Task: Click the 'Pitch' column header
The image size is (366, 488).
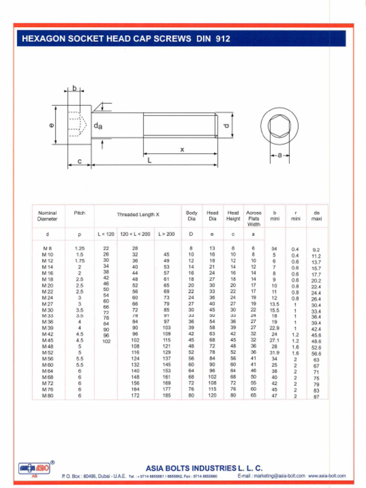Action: coord(80,213)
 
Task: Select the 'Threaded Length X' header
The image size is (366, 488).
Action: coord(138,215)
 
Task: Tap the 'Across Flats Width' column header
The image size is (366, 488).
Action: coord(254,218)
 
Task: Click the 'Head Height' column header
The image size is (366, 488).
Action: coord(233,216)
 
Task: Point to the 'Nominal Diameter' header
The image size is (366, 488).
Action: coord(47,216)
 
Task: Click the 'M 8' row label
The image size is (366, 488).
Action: coord(47,248)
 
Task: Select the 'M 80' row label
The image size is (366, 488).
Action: coord(47,395)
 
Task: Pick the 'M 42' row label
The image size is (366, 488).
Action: coord(47,334)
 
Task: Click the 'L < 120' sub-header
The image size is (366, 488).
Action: coord(106,234)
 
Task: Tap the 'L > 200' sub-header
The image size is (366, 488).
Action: coord(166,234)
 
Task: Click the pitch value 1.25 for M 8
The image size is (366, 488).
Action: coord(80,248)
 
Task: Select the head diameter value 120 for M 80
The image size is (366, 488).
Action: coord(212,395)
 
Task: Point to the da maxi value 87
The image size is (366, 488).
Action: coord(316,396)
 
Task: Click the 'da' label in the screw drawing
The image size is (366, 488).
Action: coord(98,126)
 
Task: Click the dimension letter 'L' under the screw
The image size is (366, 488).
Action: coord(149,161)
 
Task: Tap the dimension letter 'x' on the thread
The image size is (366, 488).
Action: coord(182,150)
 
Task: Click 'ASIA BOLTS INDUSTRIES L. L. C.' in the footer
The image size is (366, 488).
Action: coord(204,468)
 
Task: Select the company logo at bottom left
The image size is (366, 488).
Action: coord(34,468)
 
